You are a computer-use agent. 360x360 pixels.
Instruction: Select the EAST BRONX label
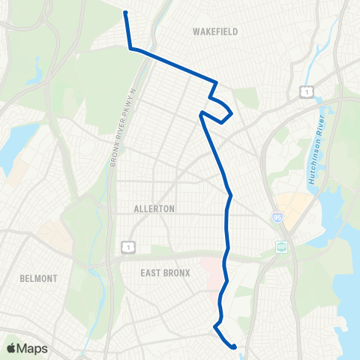(165, 273)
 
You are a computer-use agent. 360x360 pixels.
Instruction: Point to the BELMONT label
(39, 278)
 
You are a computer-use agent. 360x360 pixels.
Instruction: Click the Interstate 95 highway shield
(277, 215)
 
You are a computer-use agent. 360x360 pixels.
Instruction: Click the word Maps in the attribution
(33, 348)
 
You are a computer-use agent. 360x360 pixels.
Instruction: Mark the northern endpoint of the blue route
(125, 13)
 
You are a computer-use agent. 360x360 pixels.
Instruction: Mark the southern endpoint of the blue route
(235, 346)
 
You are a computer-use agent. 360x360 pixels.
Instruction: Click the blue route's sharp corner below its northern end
(131, 49)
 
